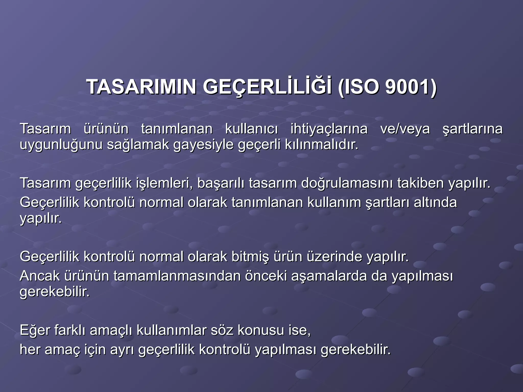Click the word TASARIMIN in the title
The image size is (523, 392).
point(141,87)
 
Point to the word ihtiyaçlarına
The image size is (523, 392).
point(329,129)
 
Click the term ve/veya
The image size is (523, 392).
point(405,129)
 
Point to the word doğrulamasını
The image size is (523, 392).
point(347,183)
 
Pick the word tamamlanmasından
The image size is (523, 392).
point(177,276)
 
